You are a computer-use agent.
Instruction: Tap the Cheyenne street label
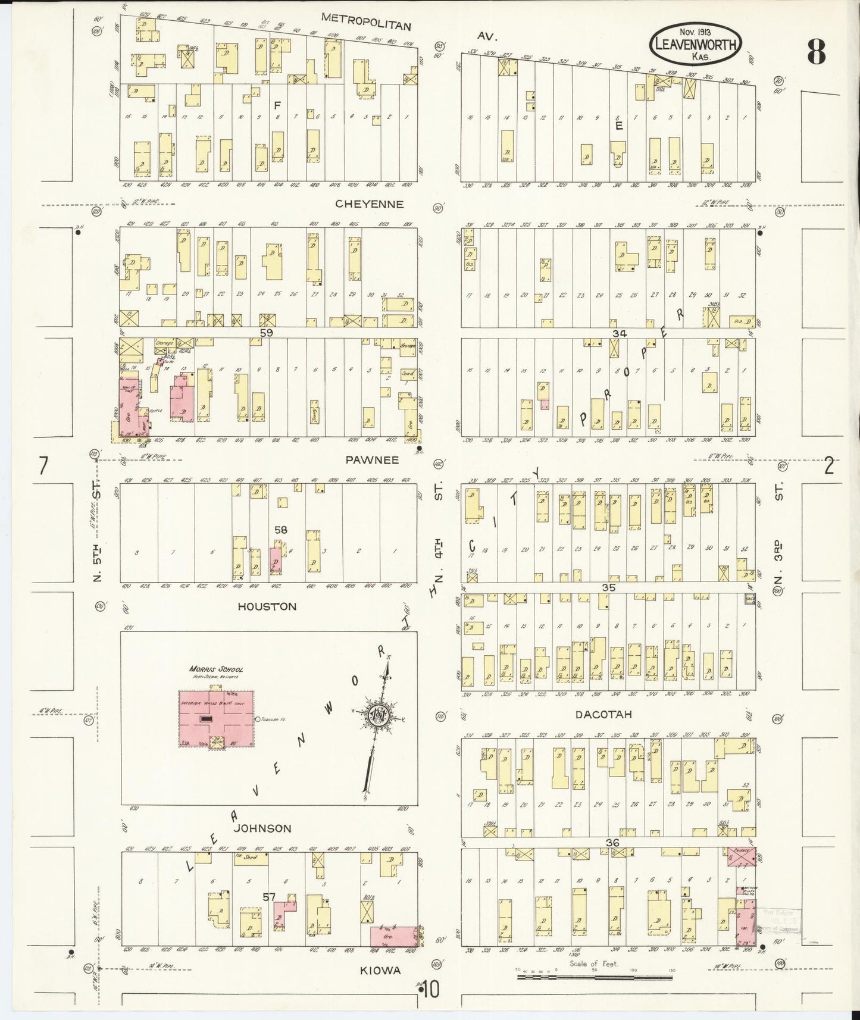[x=369, y=204]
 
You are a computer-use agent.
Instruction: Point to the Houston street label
[x=267, y=606]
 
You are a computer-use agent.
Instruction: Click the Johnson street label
[x=262, y=828]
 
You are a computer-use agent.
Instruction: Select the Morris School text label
[x=216, y=669]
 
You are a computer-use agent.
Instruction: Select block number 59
[x=266, y=333]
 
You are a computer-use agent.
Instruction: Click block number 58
[x=281, y=528]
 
